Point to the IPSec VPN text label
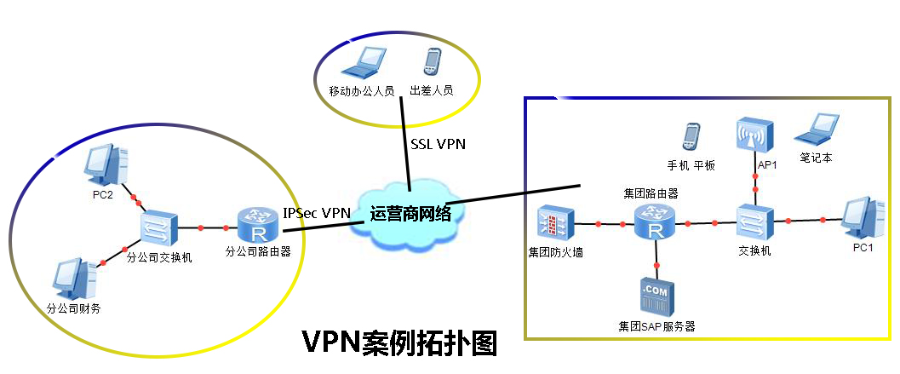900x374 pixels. click(x=316, y=213)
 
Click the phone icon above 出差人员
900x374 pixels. click(x=432, y=63)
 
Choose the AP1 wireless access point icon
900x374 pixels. click(x=754, y=136)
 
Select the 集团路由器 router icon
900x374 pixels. click(x=654, y=223)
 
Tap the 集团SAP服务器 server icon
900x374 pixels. click(x=656, y=298)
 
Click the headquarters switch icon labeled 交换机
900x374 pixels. click(x=754, y=222)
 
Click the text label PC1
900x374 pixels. click(x=863, y=249)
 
